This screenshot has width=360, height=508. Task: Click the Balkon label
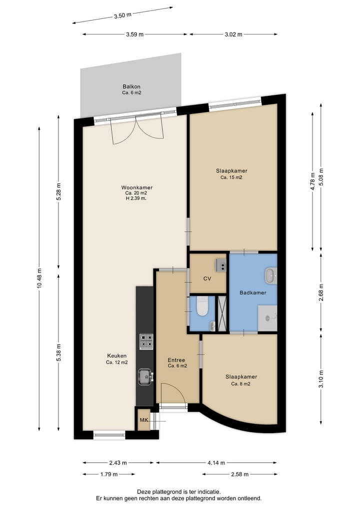tap(131, 86)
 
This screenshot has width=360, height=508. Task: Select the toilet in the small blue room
tap(202, 307)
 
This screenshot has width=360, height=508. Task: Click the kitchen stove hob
tap(146, 342)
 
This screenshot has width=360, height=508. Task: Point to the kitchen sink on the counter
tap(145, 376)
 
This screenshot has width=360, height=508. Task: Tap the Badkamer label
tap(252, 293)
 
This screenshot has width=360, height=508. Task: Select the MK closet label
tap(143, 420)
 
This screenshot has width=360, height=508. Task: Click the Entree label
tap(176, 360)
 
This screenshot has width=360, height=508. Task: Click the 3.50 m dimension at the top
tap(122, 15)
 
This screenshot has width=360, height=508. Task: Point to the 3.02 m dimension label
tap(233, 34)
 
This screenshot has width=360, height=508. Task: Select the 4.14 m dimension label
tap(216, 463)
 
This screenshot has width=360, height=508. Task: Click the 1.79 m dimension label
tap(108, 474)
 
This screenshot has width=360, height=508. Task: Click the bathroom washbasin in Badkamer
tap(270, 274)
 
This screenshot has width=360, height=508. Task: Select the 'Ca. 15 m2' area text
tap(231, 177)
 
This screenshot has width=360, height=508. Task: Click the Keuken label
tap(116, 356)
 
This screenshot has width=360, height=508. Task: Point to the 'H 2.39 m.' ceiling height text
tap(136, 198)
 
